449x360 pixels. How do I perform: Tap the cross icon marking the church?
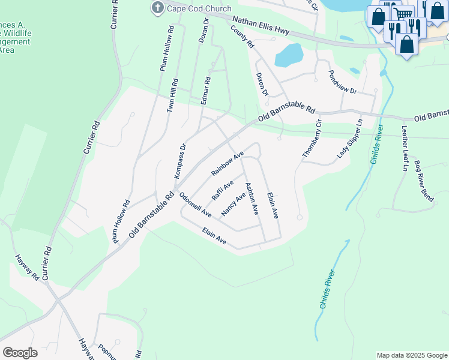pos(158,7)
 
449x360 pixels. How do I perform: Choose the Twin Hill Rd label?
pos(172,95)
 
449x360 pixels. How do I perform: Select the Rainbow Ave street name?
pos(227,163)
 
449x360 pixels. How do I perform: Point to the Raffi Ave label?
pos(222,190)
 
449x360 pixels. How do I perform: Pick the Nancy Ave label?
pos(234,205)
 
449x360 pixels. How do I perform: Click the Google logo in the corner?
pos(20,352)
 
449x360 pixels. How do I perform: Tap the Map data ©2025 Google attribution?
pos(411,355)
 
